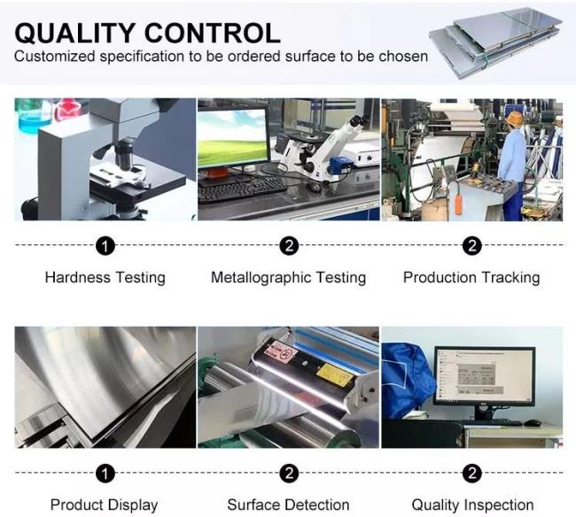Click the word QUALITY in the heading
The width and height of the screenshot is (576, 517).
[74, 34]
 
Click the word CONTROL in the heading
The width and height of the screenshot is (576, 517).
[213, 33]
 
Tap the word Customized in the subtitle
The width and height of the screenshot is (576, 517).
[55, 57]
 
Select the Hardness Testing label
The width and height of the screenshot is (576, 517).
[105, 277]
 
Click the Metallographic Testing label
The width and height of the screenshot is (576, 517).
[288, 277]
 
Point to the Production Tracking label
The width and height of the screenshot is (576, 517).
[471, 277]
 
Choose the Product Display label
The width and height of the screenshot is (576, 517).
[105, 505]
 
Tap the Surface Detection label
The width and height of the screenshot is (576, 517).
[288, 505]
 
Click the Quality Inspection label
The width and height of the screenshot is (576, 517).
[472, 505]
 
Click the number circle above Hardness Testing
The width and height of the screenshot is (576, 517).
[105, 246]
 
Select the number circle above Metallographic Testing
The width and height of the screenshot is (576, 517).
[289, 246]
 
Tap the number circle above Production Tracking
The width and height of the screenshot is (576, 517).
[472, 246]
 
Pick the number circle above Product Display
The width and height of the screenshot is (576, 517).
[105, 474]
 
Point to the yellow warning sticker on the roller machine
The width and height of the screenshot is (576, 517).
[335, 375]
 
